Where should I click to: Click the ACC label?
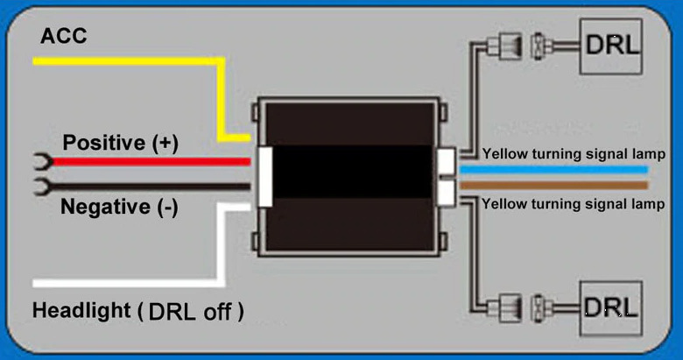[64, 36]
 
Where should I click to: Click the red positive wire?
[151, 162]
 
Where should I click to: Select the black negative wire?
[151, 187]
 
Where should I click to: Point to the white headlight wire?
[222, 244]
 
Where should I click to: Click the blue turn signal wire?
[553, 170]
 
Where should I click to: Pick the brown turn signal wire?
[553, 185]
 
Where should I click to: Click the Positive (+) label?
[120, 143]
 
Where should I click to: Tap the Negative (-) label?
[119, 207]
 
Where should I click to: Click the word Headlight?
[81, 311]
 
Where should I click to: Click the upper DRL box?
[610, 46]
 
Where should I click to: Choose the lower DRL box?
[610, 308]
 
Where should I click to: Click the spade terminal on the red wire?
[43, 162]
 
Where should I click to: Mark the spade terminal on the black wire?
[42, 187]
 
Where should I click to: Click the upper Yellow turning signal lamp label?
[574, 154]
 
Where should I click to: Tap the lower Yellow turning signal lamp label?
[573, 204]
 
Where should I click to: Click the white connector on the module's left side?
[265, 177]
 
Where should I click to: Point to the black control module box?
[349, 177]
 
